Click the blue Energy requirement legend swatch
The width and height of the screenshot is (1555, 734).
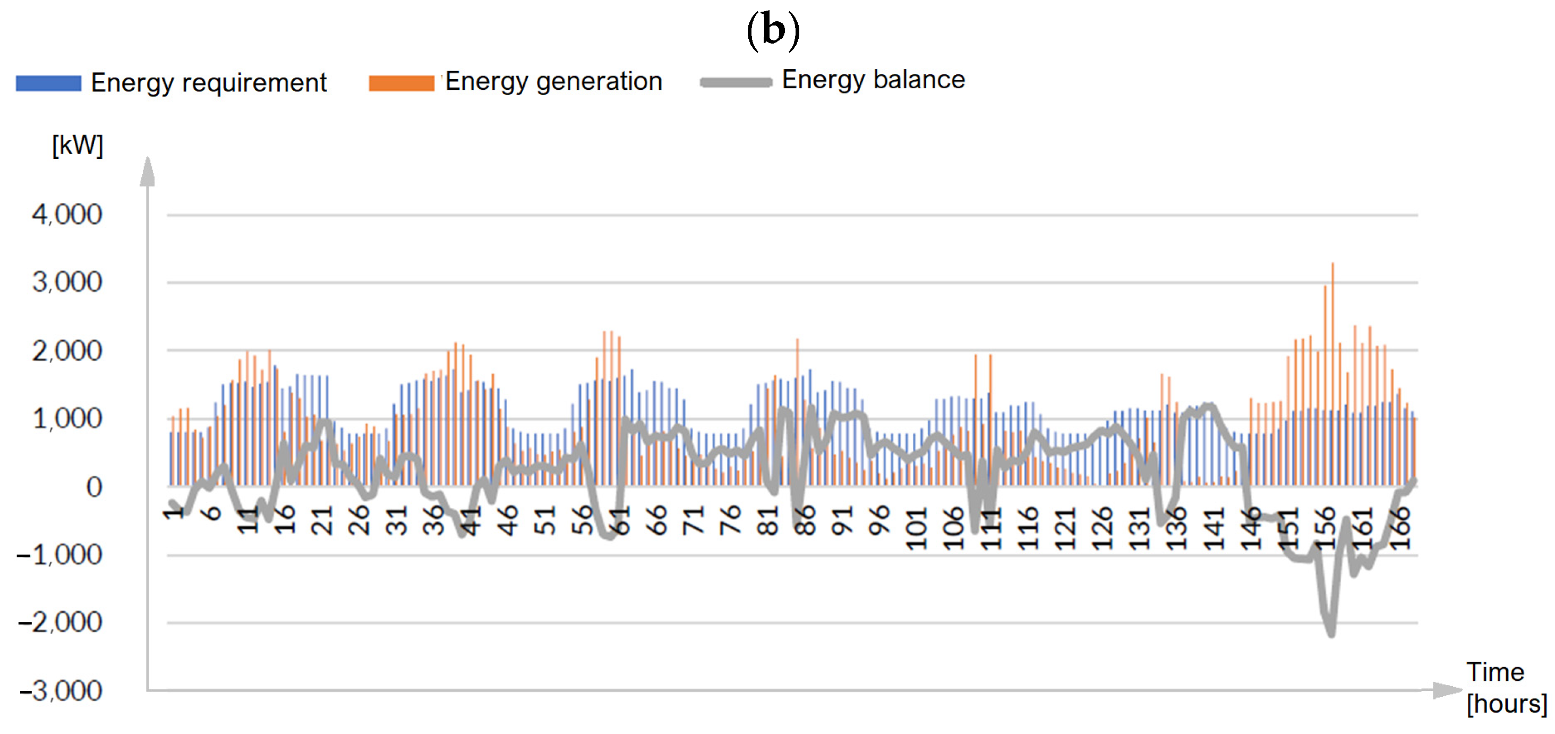[48, 83]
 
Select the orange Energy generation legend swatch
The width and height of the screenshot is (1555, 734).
[401, 83]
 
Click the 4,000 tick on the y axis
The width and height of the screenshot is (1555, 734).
[67, 215]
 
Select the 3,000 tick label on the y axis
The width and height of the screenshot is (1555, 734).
[67, 282]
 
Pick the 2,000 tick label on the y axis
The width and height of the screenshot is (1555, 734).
[67, 351]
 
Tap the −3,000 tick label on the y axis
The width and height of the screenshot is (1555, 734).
[61, 690]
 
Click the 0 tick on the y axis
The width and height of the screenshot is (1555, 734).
[93, 487]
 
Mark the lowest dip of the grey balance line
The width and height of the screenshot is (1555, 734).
[1331, 634]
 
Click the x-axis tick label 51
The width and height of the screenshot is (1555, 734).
[545, 521]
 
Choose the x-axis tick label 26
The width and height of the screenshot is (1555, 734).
[358, 521]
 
